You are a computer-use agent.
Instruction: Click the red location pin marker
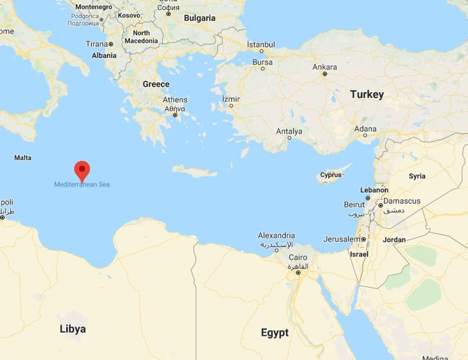(x=82, y=170)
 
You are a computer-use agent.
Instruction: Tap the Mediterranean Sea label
(x=82, y=185)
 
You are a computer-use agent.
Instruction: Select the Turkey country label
(x=367, y=95)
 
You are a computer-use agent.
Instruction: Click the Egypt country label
(x=275, y=333)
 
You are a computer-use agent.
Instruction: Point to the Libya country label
(x=73, y=329)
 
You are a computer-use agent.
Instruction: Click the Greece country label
(x=156, y=84)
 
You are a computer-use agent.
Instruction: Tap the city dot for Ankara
(x=325, y=74)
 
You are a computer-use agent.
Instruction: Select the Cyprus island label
(x=331, y=175)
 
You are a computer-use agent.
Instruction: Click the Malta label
(x=22, y=158)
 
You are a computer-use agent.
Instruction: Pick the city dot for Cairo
(x=298, y=272)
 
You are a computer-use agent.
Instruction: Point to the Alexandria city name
(x=276, y=236)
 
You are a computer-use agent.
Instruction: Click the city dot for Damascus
(x=380, y=205)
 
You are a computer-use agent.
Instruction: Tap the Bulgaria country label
(x=200, y=18)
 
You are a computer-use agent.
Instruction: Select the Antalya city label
(x=289, y=131)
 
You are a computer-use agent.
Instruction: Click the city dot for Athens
(x=175, y=116)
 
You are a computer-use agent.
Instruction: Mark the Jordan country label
(x=394, y=240)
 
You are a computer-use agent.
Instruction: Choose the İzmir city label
(x=231, y=99)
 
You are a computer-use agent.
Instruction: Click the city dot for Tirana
(x=111, y=44)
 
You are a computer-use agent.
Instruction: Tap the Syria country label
(x=417, y=176)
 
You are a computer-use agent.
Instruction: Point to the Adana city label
(x=365, y=129)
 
